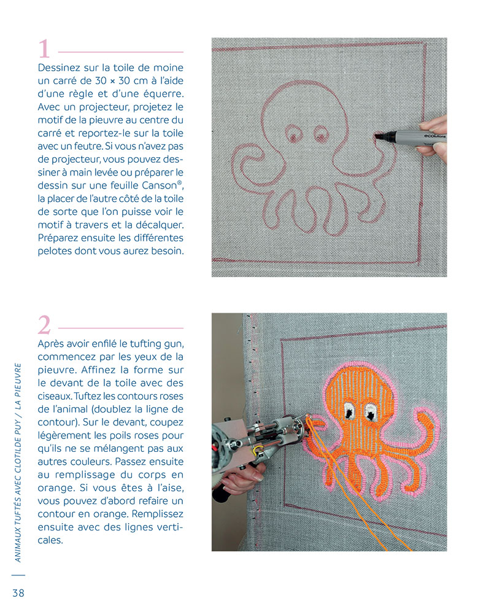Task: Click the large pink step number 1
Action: point(44,49)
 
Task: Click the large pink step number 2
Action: point(44,325)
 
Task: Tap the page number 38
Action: point(18,593)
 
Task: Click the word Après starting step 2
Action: point(51,344)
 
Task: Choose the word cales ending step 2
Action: point(50,540)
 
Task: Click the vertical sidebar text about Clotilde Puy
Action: point(18,462)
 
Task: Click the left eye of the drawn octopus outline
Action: point(293,133)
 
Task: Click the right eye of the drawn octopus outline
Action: point(321,134)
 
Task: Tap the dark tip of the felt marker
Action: point(379,136)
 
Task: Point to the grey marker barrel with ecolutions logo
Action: point(415,136)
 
